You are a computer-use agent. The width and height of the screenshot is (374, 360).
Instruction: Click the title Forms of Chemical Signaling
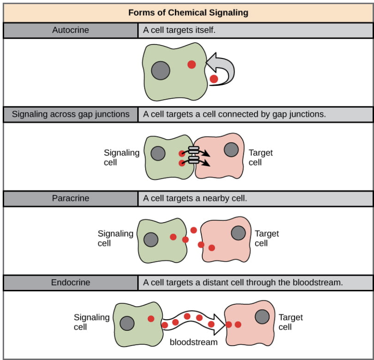pos(188,13)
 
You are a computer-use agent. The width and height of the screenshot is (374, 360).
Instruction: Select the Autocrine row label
pos(70,30)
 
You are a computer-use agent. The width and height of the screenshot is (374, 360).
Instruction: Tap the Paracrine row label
pos(70,198)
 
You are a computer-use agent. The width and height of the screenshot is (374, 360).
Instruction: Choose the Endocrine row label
pos(70,282)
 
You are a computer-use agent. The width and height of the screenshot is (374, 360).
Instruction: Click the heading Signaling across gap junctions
pos(70,114)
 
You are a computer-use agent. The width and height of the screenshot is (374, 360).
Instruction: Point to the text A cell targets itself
pos(179,30)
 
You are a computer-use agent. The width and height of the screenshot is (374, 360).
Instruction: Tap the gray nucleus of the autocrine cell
pos(161,70)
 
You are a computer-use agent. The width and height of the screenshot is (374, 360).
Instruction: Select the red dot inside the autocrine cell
pos(191,65)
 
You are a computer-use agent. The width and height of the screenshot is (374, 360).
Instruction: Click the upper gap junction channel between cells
pos(194,150)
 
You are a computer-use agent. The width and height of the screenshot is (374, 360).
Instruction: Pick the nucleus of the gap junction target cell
pos(231,149)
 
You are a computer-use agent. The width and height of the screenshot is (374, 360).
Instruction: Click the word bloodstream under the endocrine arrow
pos(194,342)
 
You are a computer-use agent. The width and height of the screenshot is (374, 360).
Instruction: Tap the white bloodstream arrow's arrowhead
pos(219,325)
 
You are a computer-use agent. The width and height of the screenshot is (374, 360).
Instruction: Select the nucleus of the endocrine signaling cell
pos(127,324)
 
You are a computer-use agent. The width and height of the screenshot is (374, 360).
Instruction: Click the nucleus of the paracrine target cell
pos(238,233)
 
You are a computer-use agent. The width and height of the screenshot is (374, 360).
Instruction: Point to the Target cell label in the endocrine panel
pos(291,322)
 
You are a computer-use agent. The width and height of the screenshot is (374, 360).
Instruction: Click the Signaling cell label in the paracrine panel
pos(115,238)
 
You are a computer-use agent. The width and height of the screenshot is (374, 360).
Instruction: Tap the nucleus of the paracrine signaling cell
pos(151,239)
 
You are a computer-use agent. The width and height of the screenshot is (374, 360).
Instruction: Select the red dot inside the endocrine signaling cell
pos(151,319)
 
